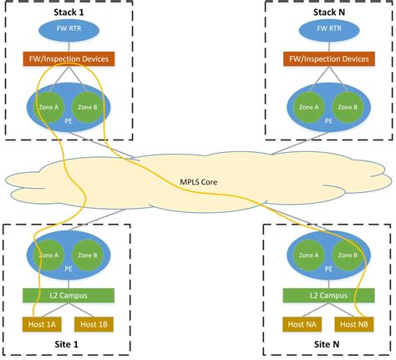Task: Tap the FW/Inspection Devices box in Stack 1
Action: (x=69, y=59)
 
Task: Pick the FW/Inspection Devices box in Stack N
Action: (x=327, y=59)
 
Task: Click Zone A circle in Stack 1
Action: (x=50, y=107)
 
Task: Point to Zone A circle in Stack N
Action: (x=308, y=107)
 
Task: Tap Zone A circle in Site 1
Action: (x=50, y=256)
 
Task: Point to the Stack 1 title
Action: (x=69, y=11)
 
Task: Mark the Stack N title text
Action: (x=327, y=11)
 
